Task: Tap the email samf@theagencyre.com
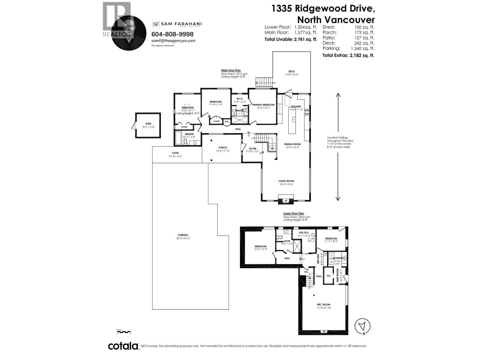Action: point(173,41)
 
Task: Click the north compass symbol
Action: point(362,326)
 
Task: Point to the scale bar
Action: point(123,331)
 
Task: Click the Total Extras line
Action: point(348,55)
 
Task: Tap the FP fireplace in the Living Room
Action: point(286,201)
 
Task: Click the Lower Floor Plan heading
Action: point(293,214)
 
